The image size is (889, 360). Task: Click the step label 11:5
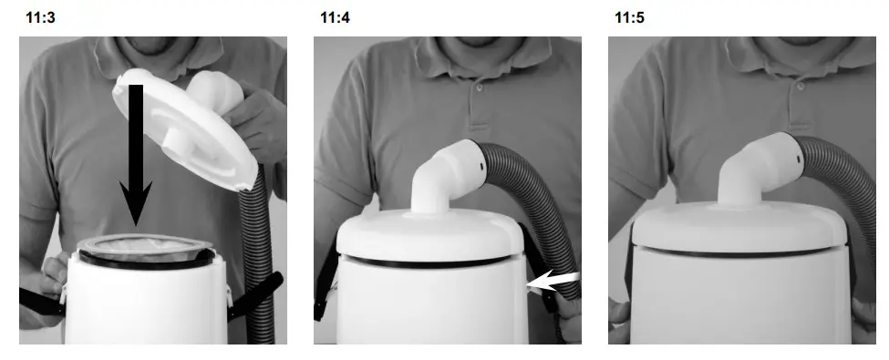(629, 16)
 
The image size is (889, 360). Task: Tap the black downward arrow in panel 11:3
(135, 155)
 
